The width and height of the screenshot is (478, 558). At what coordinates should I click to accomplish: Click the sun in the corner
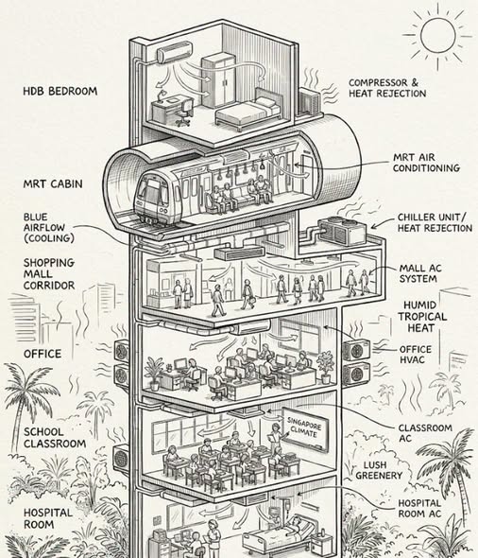click(x=437, y=35)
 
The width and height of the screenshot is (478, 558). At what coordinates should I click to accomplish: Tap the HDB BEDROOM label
click(x=60, y=91)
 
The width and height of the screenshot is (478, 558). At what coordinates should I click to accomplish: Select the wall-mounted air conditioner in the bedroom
click(x=175, y=52)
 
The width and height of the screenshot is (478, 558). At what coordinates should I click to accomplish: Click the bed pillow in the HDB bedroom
click(x=266, y=102)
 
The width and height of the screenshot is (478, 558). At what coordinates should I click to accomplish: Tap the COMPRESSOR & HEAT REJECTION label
click(x=387, y=88)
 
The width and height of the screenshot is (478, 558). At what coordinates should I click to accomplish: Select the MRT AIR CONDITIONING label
click(x=426, y=163)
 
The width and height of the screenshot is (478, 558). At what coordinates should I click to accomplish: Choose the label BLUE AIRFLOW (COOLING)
click(x=49, y=228)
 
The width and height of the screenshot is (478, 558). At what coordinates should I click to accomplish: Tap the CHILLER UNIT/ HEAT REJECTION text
click(x=435, y=222)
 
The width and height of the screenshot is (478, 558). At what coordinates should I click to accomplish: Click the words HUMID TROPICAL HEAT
click(x=421, y=317)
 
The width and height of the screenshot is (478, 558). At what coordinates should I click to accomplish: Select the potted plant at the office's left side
click(x=154, y=374)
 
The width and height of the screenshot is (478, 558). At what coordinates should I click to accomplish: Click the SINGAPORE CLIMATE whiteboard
click(x=305, y=428)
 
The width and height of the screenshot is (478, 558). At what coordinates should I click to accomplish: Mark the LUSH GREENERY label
click(x=379, y=470)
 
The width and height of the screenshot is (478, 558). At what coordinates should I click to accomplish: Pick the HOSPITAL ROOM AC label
click(x=419, y=508)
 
